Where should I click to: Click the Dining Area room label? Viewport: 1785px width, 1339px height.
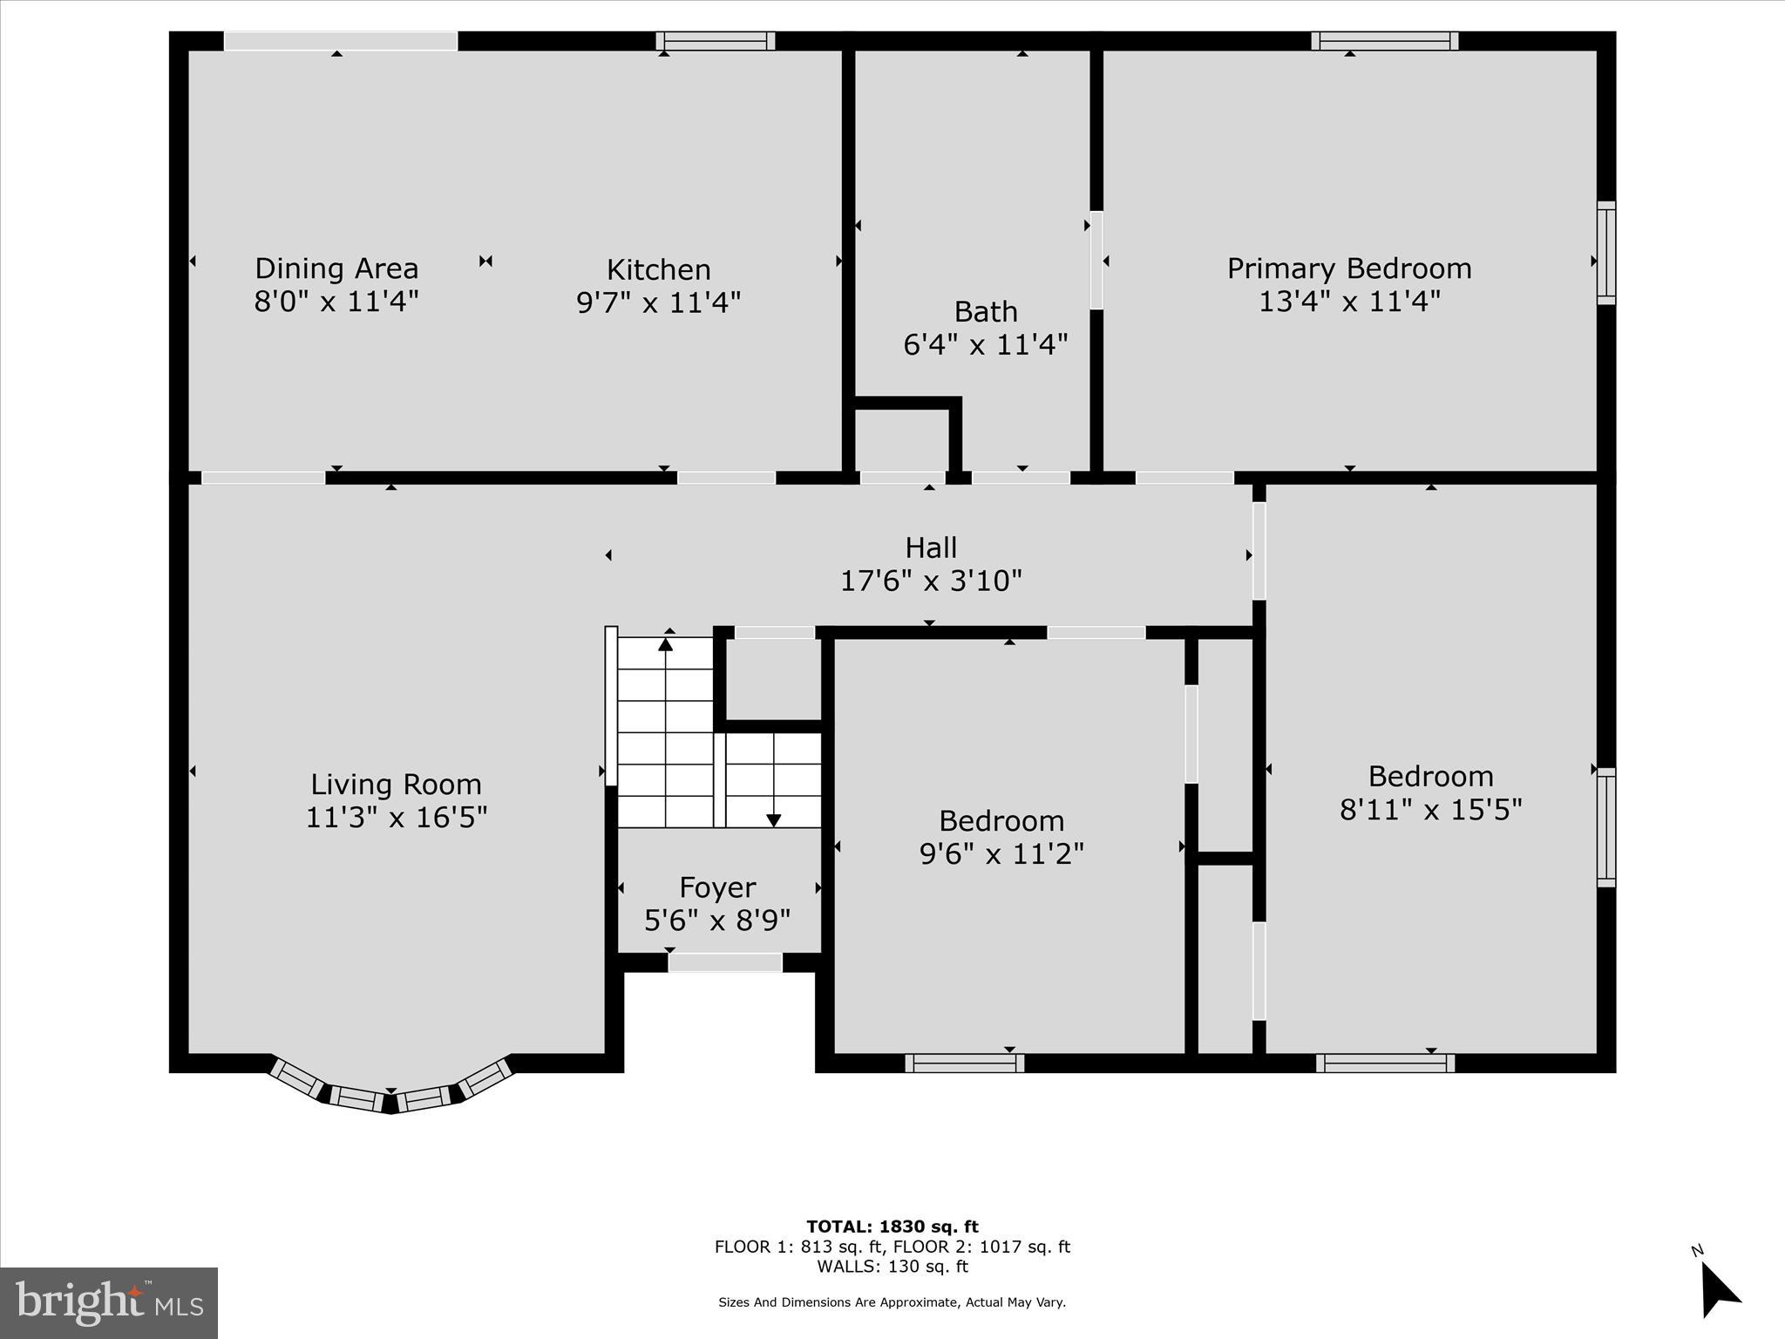tap(336, 268)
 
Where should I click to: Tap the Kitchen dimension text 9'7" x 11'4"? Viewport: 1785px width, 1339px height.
tap(659, 302)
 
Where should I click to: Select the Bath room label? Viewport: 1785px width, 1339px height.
tap(986, 311)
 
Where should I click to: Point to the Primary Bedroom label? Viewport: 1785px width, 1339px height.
tap(1349, 268)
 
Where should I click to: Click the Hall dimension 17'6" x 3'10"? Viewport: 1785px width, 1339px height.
tap(931, 581)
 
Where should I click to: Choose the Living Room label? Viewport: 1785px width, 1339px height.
tap(396, 785)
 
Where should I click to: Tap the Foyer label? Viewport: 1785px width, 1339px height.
tap(717, 887)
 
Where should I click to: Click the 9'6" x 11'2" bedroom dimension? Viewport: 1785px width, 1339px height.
tap(1001, 853)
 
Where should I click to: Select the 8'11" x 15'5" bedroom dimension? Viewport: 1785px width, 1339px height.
tap(1430, 810)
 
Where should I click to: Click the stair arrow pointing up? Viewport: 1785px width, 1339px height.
tap(666, 645)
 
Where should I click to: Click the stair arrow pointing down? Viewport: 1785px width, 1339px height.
tap(773, 819)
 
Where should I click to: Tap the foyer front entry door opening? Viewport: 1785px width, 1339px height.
tap(725, 962)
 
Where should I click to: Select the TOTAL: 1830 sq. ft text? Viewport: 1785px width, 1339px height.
tap(892, 1227)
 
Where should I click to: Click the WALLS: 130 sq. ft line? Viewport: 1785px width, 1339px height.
tap(892, 1267)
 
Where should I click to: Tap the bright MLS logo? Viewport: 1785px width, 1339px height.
tap(109, 1303)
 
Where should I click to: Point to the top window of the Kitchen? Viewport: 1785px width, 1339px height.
tap(716, 41)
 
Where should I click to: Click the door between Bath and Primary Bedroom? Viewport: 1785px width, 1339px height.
tap(1096, 260)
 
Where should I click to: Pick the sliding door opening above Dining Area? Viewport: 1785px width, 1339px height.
tap(341, 41)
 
